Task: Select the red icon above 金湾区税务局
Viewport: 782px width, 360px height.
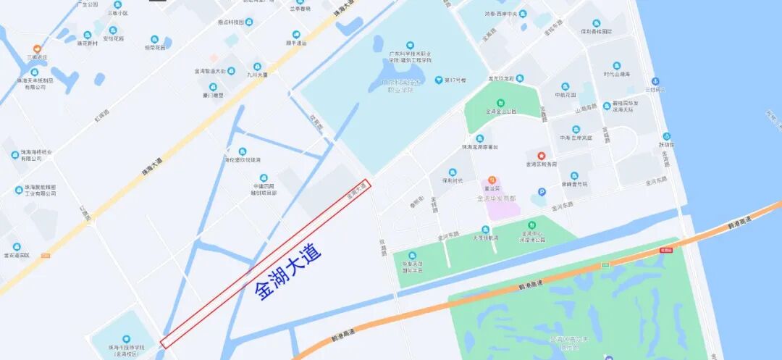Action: tap(541, 155)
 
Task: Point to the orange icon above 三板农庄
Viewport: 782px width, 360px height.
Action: tap(37, 48)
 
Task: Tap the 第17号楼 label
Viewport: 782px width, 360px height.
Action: tap(455, 80)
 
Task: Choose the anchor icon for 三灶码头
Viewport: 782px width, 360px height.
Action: tap(655, 81)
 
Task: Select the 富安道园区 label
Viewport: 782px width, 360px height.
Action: tap(17, 255)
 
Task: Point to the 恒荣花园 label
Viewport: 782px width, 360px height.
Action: tap(154, 48)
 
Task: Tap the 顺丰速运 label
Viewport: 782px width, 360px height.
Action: tap(296, 43)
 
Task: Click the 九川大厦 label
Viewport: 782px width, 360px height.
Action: tap(256, 75)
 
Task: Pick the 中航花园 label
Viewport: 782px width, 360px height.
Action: tap(566, 94)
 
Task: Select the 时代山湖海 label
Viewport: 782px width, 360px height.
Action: tap(616, 75)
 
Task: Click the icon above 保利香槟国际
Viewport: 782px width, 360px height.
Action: tap(596, 23)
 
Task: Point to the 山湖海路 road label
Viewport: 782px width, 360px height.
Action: tap(586, 108)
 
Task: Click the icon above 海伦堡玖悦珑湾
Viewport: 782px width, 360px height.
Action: tap(242, 151)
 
